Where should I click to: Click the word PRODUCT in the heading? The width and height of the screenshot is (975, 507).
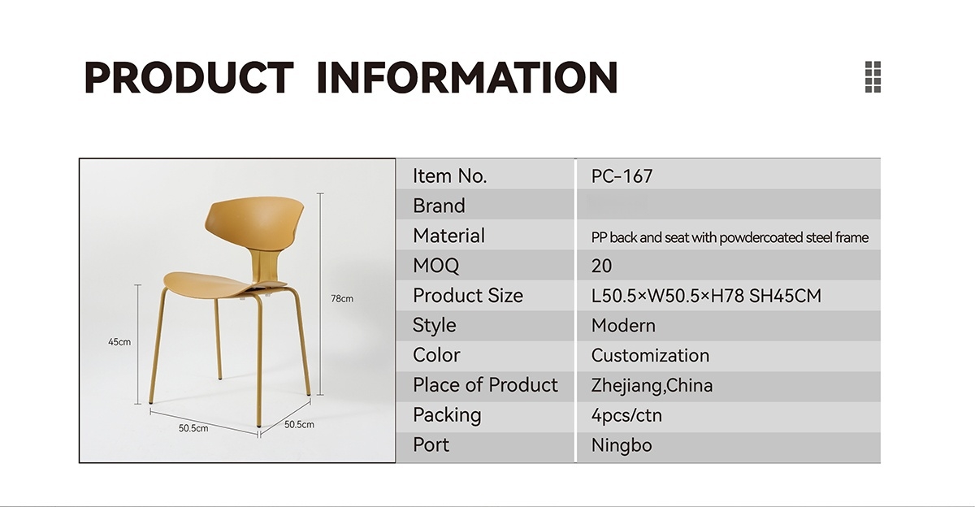tap(188, 77)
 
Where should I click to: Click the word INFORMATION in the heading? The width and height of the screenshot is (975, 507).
tap(467, 77)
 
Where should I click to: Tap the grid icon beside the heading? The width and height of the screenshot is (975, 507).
tap(873, 77)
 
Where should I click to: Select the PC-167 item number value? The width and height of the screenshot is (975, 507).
tap(622, 176)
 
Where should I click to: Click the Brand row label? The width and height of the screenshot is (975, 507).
tap(439, 206)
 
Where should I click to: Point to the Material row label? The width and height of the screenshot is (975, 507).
tap(448, 236)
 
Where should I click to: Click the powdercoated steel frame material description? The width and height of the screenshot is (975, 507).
tap(730, 237)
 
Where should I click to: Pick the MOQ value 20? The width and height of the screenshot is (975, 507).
tap(601, 266)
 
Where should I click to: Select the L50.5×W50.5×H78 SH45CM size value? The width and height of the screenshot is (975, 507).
tap(706, 296)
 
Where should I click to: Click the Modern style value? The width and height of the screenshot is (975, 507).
tap(623, 326)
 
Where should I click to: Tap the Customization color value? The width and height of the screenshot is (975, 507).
tap(650, 356)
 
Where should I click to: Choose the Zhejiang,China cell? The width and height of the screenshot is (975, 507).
tap(652, 386)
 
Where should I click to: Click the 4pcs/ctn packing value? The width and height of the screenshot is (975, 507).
tap(626, 416)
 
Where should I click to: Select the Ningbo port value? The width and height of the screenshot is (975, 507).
tap(622, 445)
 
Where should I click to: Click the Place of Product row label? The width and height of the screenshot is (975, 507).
tap(485, 385)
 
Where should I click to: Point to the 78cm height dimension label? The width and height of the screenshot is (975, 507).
tap(342, 298)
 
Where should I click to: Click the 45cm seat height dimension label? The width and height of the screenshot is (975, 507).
tap(119, 342)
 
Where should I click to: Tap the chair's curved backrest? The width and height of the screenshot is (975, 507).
tap(254, 222)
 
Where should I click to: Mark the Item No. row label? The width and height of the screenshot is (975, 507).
tap(449, 176)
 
